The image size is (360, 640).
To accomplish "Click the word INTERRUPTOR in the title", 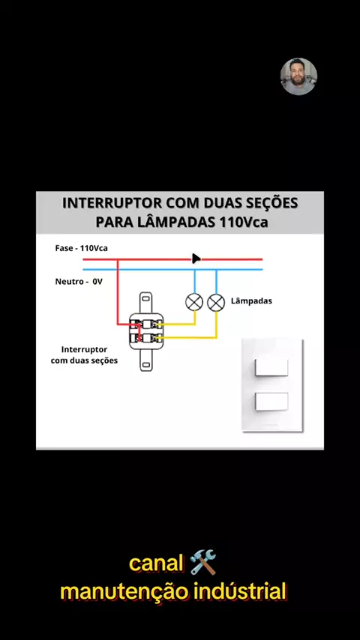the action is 109,203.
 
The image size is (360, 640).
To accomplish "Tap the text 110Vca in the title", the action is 244,223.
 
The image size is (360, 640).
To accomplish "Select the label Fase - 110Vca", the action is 81,248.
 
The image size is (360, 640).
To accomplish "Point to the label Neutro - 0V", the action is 79,282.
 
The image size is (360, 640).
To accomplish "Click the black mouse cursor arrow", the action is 196,259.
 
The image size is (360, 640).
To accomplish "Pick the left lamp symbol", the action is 194,303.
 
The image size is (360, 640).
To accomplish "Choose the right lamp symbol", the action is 216,303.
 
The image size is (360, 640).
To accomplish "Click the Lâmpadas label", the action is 251,301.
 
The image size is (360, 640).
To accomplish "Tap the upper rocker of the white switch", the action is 271,367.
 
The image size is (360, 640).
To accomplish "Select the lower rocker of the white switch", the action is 271,402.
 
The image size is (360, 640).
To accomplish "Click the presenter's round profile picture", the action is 298,76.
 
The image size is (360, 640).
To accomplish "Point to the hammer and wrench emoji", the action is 203,563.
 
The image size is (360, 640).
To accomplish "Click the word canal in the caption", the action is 156,564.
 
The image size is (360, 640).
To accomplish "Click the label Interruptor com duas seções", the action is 84,355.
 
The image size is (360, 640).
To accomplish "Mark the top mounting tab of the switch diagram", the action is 146,303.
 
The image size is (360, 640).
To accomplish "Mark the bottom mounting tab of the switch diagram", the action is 146,360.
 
